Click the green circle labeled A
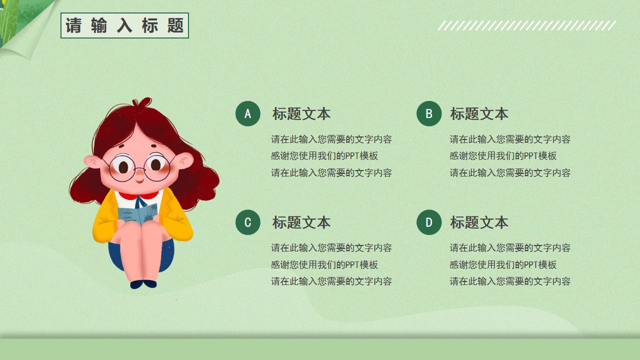(x=247, y=113)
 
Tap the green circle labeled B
(x=429, y=113)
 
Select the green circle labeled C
(x=247, y=222)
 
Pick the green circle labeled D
(x=429, y=222)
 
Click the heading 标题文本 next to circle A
(x=301, y=113)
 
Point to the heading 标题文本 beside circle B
(x=479, y=113)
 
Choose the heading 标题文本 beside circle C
(x=301, y=222)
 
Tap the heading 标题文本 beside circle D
(x=479, y=222)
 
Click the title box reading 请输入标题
(x=124, y=25)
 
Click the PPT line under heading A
(x=324, y=156)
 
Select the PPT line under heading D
(x=503, y=265)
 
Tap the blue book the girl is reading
(x=137, y=213)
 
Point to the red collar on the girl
(x=138, y=195)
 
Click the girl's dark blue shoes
(x=143, y=284)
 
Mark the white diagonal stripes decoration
(x=527, y=25)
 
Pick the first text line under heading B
(x=510, y=139)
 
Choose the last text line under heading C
(x=331, y=281)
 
